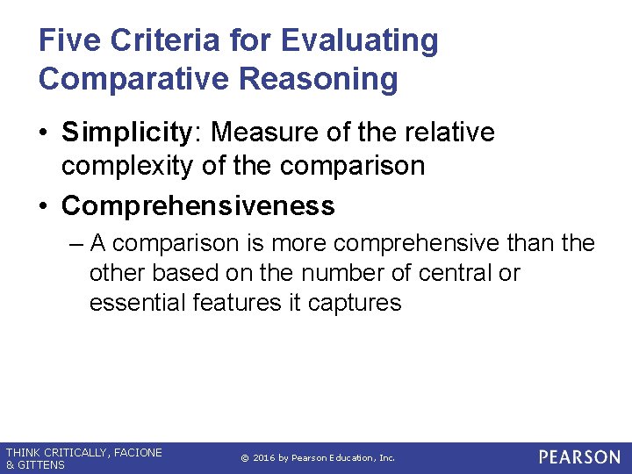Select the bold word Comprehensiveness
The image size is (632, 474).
(198, 205)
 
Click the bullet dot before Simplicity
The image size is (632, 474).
(45, 133)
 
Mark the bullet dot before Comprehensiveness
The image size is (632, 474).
(45, 206)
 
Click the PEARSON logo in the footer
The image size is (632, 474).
(579, 457)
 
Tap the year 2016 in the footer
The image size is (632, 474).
(264, 458)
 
